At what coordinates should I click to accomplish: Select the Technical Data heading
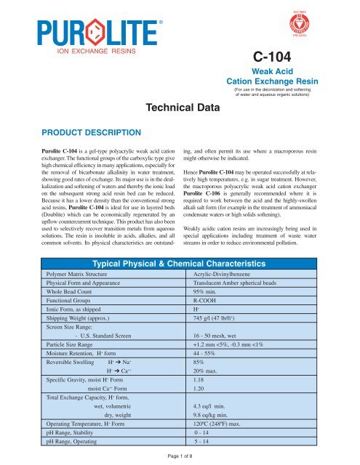coord(179,108)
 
